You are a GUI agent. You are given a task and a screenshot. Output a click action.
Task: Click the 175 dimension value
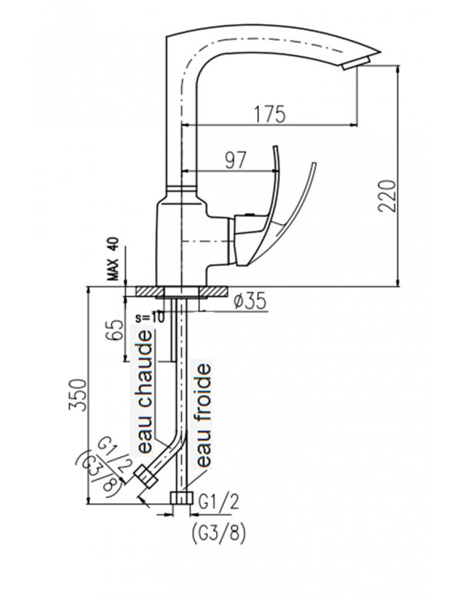(270, 114)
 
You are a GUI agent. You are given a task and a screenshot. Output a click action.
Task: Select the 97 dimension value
(235, 160)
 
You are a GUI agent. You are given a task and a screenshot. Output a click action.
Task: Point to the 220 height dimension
(386, 195)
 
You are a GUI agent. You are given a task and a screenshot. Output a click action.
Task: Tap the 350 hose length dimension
(77, 395)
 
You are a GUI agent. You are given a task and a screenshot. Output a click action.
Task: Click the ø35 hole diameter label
(249, 302)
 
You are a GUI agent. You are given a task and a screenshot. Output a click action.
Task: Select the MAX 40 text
(114, 259)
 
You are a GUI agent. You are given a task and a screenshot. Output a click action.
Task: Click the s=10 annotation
(150, 317)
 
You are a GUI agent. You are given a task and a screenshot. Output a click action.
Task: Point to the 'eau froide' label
(203, 415)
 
